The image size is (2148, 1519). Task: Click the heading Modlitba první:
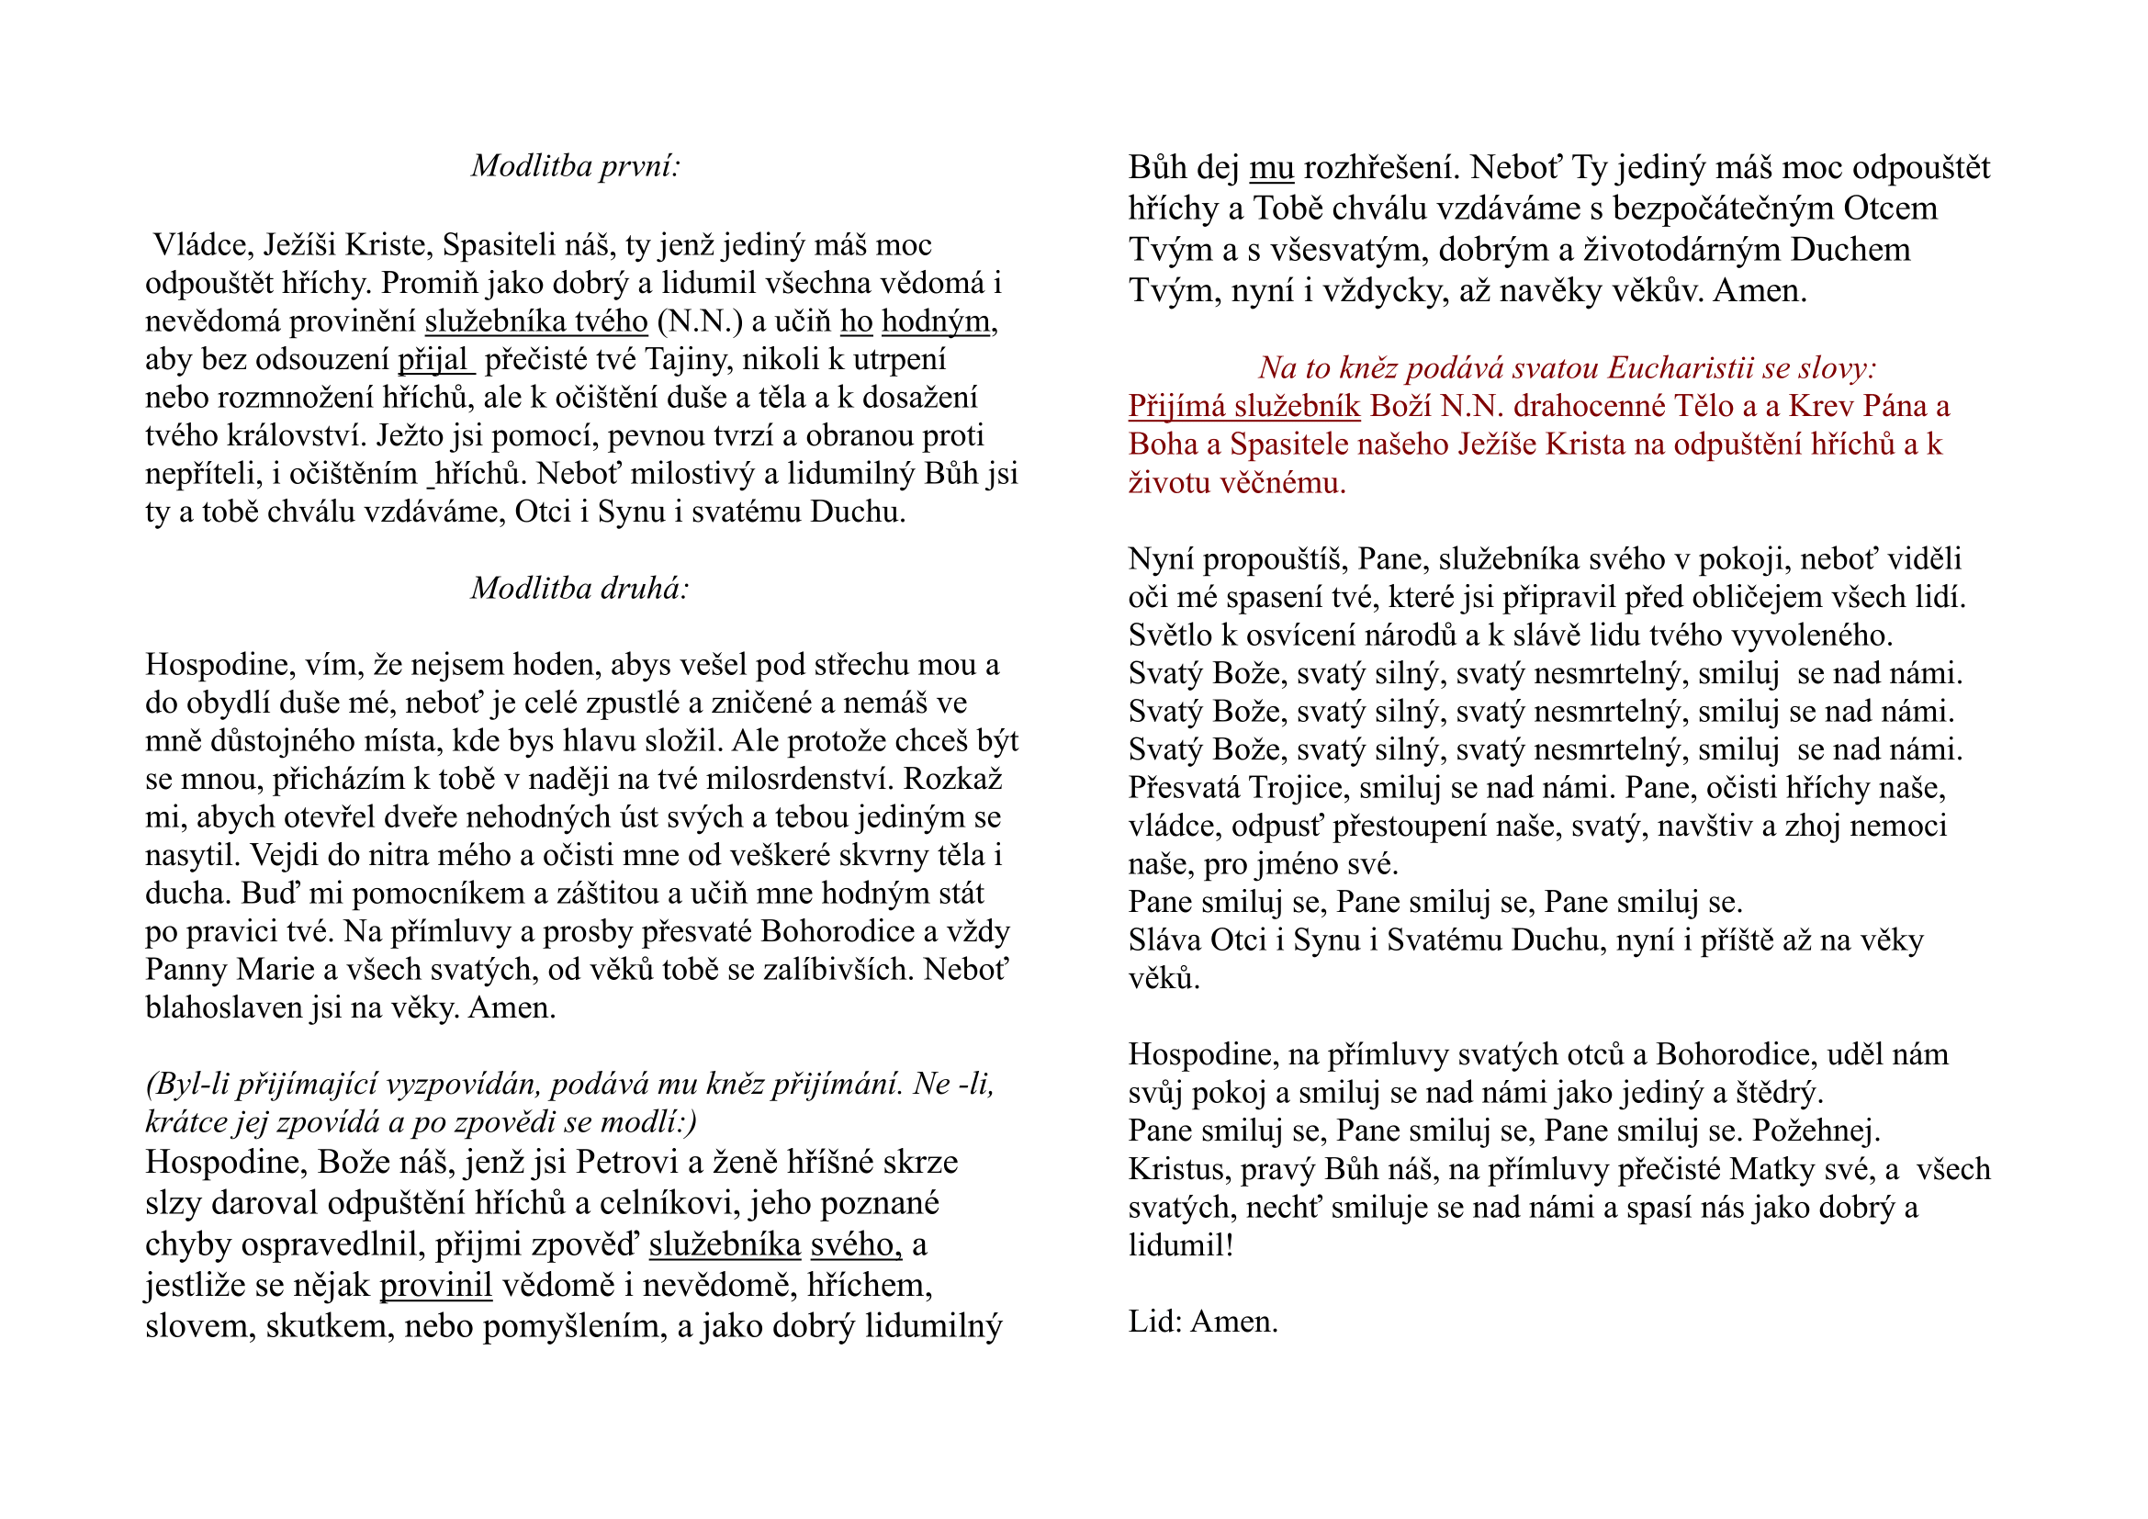pos(576,165)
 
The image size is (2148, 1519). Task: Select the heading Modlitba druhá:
pos(580,588)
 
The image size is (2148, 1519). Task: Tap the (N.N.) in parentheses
pos(700,321)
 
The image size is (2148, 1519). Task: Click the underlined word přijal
pos(433,359)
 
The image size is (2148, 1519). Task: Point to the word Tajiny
pos(685,359)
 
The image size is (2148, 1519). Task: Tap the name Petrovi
pos(627,1162)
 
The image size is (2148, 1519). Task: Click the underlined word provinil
pos(436,1285)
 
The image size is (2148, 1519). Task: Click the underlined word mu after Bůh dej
pos(1271,167)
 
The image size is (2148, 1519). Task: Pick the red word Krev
pos(1819,406)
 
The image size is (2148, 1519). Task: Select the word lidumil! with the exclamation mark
pos(1181,1246)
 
